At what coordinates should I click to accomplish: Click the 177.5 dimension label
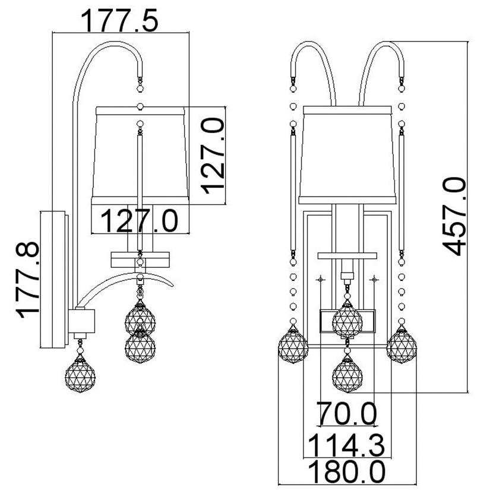click(x=120, y=21)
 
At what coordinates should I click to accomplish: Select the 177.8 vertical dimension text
click(x=27, y=280)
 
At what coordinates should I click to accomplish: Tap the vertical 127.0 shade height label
click(x=213, y=156)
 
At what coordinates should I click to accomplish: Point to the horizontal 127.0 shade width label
click(x=140, y=221)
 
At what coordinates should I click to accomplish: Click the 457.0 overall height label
click(x=454, y=217)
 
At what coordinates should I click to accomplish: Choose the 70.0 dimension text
click(x=346, y=413)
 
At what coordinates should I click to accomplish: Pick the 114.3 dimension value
click(x=346, y=445)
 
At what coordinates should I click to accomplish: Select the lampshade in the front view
click(x=347, y=155)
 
